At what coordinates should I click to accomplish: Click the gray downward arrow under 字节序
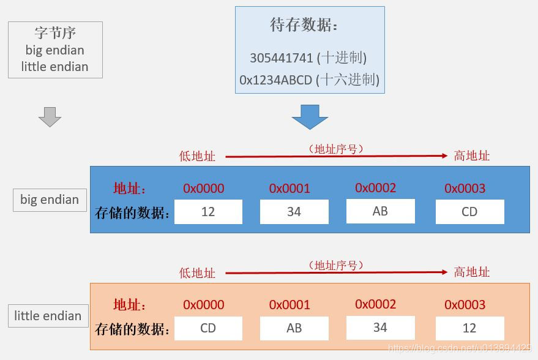point(50,116)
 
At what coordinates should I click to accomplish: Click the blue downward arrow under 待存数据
point(310,116)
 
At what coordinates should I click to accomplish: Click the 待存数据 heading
point(304,25)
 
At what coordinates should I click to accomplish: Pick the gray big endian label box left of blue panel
point(50,200)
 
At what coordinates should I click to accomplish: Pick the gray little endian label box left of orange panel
point(48,316)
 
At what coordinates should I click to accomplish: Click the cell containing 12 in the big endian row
point(208,212)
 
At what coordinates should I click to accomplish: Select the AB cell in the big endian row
point(380,211)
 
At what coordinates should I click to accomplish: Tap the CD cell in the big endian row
point(469,212)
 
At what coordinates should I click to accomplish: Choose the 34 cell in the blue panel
point(294,212)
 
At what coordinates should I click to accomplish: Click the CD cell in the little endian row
point(208,328)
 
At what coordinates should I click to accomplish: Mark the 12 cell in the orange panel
point(469,328)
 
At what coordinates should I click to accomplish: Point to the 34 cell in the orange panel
point(380,328)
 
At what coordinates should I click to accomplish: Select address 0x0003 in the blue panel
point(465,189)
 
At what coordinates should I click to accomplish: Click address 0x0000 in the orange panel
point(203,305)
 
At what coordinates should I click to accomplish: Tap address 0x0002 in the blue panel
point(375,188)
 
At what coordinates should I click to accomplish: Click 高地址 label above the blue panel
point(472,156)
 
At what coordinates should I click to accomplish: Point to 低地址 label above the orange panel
point(197,272)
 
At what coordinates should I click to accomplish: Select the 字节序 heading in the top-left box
point(55,33)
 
